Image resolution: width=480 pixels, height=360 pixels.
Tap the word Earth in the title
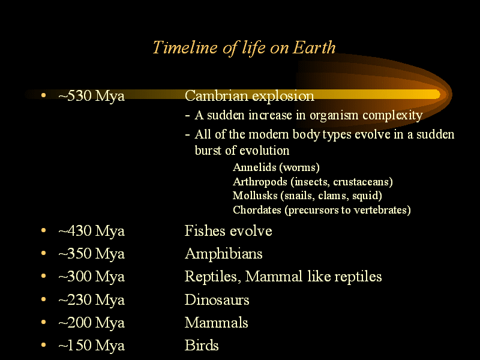(x=314, y=47)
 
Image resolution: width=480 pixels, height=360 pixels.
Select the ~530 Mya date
(x=92, y=96)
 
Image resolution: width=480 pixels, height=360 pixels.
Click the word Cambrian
(x=217, y=95)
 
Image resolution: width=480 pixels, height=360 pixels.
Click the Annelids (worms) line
(x=276, y=167)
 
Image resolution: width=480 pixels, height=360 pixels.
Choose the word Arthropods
(x=260, y=182)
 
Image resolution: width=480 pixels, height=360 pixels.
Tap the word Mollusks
(x=255, y=196)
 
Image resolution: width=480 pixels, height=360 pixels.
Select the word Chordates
(x=257, y=210)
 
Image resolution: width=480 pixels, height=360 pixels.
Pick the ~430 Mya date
(x=92, y=231)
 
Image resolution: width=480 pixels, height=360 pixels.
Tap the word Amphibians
(x=224, y=254)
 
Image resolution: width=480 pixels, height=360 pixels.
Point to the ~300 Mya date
(x=92, y=277)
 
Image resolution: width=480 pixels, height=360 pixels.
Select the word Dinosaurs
(x=217, y=299)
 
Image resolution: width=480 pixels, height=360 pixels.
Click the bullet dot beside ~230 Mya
(x=43, y=299)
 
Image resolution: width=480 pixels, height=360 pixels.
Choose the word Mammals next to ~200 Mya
(x=217, y=323)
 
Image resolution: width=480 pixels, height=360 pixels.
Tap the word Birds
(x=202, y=346)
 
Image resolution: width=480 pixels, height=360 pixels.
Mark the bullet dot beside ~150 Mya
(x=43, y=345)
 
